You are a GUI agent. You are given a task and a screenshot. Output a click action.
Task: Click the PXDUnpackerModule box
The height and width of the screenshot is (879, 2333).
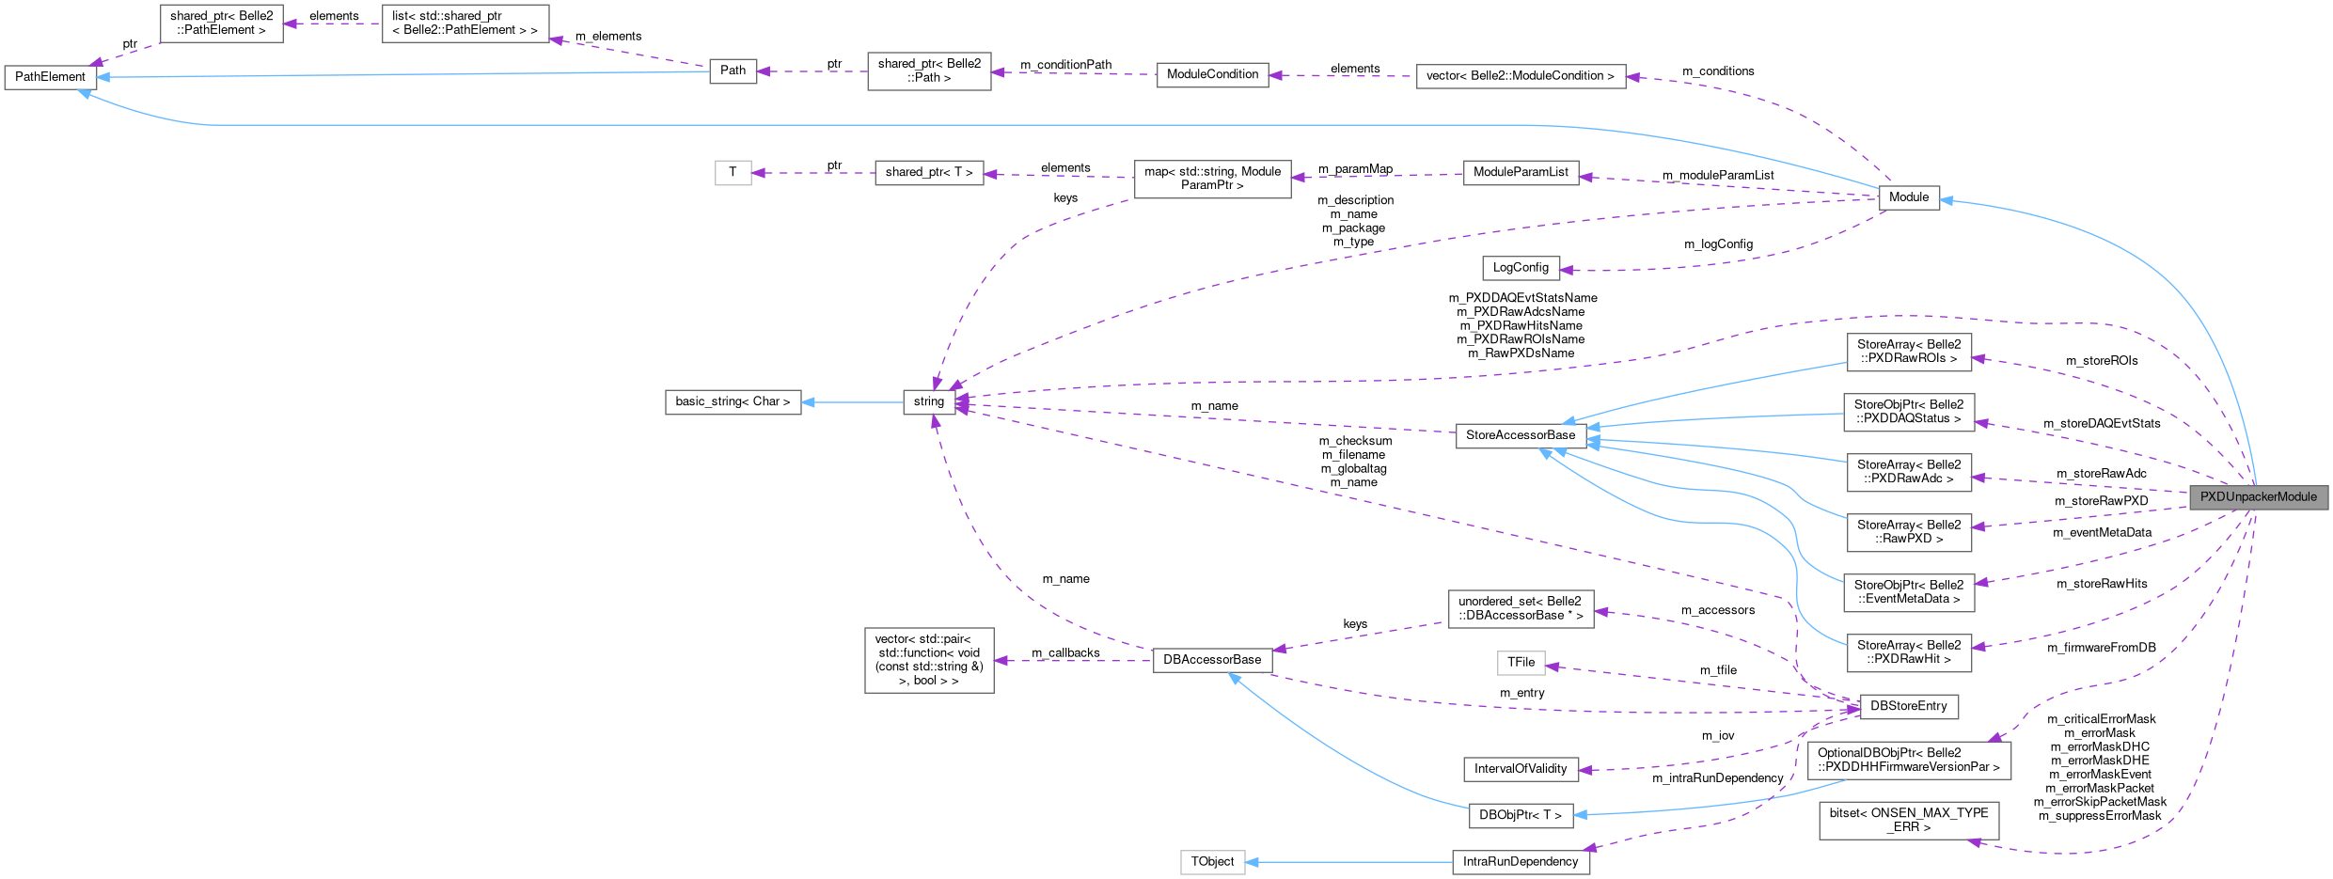tap(2258, 497)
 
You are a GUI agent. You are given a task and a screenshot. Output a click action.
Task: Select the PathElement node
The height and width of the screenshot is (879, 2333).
tap(50, 77)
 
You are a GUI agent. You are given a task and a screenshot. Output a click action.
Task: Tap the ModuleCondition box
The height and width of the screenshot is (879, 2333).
tap(1212, 74)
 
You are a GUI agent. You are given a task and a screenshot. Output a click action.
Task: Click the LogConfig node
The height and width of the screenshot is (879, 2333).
tap(1520, 268)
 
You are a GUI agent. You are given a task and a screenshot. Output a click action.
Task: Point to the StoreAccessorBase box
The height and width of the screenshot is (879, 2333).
tap(1520, 435)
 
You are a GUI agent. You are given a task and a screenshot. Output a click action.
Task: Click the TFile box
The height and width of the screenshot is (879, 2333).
tap(1520, 663)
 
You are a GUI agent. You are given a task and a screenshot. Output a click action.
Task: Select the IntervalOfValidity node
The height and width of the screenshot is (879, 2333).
tap(1520, 769)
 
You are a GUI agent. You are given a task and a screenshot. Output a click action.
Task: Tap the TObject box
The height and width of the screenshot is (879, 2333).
tap(1212, 862)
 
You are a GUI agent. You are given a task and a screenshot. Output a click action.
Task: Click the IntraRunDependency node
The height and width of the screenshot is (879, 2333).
tap(1520, 862)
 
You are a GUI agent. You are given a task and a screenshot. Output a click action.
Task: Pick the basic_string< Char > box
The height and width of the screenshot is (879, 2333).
tap(733, 401)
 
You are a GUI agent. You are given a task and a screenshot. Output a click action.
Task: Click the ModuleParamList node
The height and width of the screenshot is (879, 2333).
tap(1520, 173)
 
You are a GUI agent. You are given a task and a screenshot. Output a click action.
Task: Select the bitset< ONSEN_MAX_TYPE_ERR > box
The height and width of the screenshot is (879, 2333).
tap(1908, 820)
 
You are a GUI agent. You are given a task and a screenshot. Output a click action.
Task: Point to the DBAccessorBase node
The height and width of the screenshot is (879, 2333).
tap(1212, 660)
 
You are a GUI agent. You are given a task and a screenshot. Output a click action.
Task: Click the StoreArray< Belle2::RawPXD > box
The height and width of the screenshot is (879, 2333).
tap(1908, 532)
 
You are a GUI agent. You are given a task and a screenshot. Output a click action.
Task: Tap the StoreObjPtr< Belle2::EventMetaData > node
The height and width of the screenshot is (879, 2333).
tap(1908, 592)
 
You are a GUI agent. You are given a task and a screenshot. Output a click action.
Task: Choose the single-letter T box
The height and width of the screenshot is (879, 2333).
tap(733, 173)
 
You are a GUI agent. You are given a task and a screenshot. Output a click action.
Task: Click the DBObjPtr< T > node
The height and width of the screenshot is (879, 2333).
tap(1520, 815)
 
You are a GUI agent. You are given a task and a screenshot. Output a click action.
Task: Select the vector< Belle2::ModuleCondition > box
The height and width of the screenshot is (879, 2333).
tap(1520, 76)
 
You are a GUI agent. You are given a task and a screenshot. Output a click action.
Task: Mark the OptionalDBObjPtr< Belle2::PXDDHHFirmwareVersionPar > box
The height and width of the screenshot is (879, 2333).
tap(1908, 760)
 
